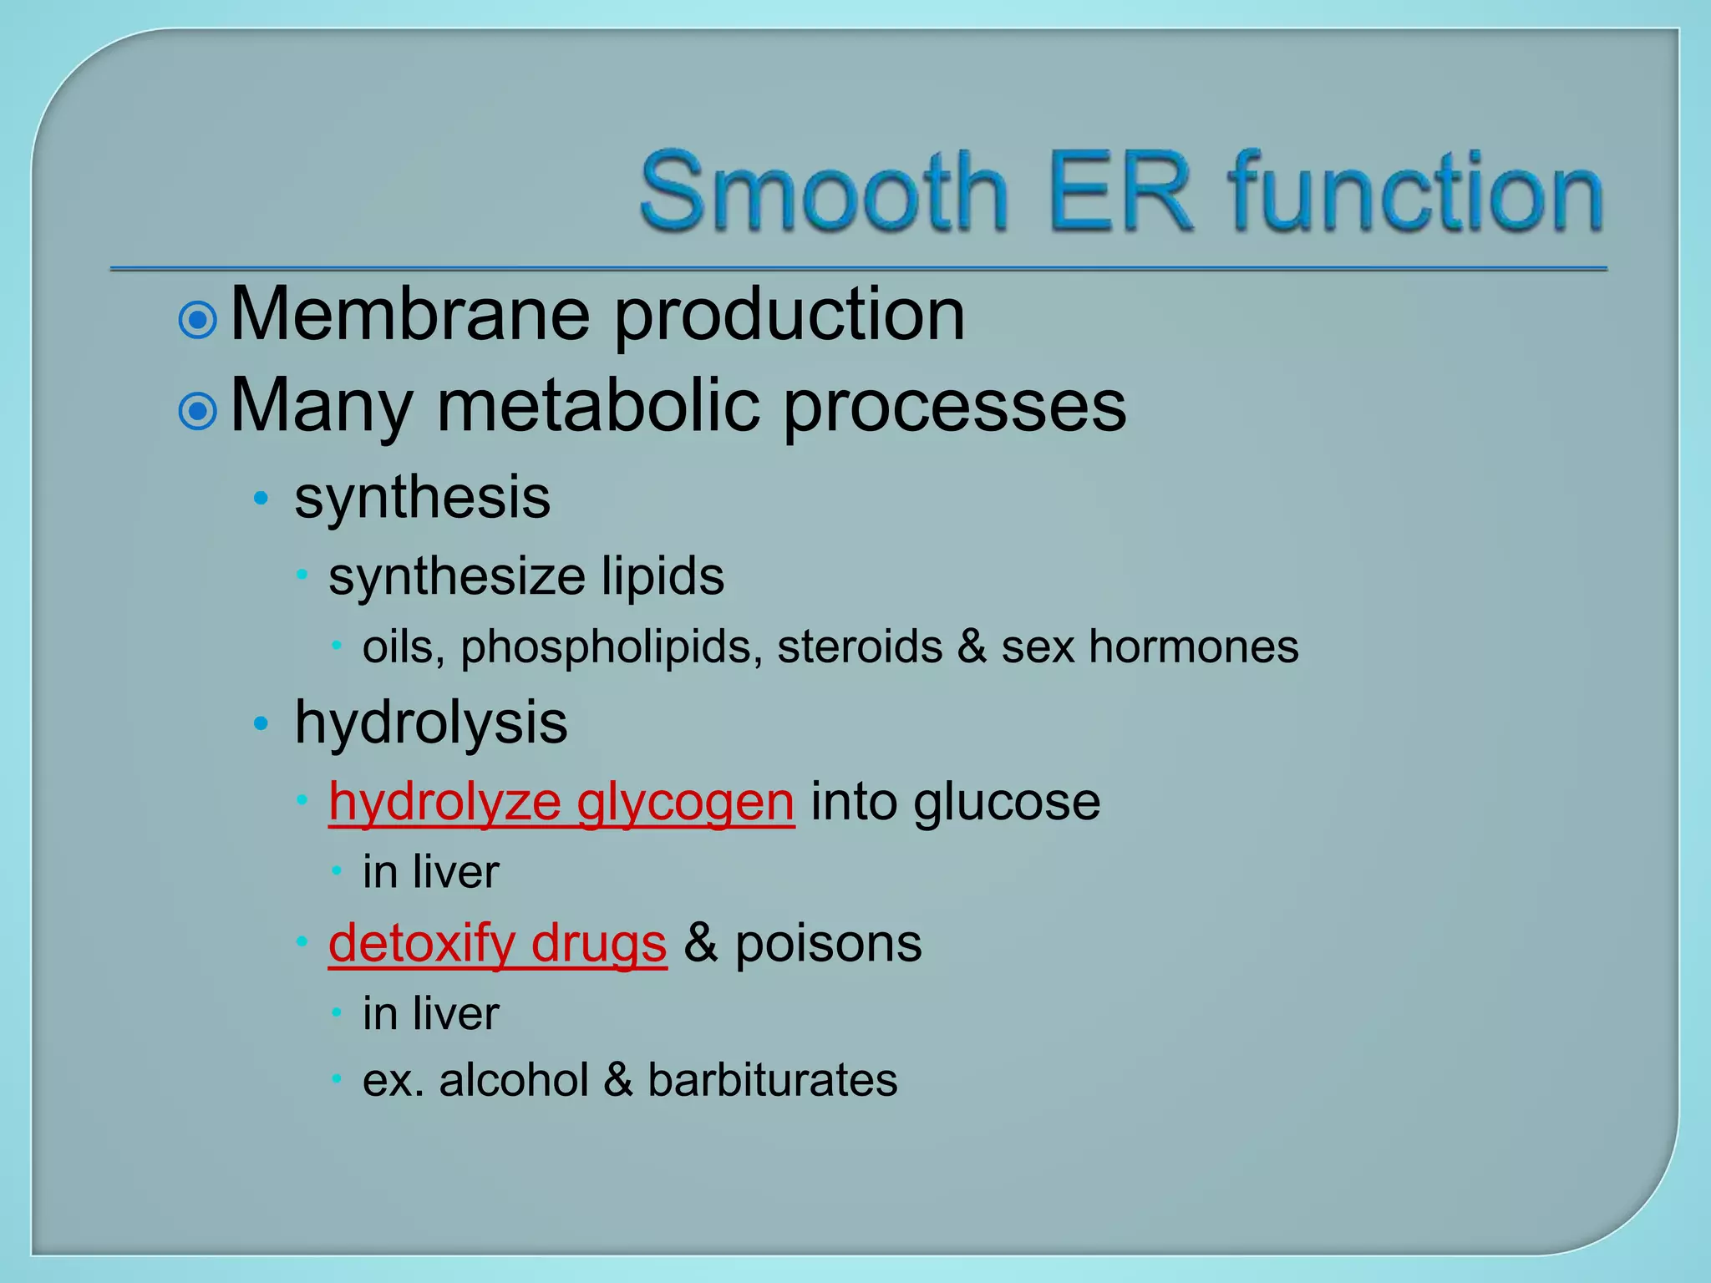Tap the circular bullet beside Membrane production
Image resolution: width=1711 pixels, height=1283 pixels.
198,319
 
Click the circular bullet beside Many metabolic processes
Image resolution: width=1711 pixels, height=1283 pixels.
198,410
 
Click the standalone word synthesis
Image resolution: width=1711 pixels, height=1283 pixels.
422,499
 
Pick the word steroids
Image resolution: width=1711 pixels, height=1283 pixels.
860,647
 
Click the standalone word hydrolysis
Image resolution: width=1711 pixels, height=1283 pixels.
430,724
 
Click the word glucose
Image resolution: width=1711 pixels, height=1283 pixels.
1006,803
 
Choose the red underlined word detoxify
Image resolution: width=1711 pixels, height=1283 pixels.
421,945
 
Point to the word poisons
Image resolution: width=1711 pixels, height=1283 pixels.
828,945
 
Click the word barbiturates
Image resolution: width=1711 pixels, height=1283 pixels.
772,1080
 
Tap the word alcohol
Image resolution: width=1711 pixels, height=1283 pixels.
514,1080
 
